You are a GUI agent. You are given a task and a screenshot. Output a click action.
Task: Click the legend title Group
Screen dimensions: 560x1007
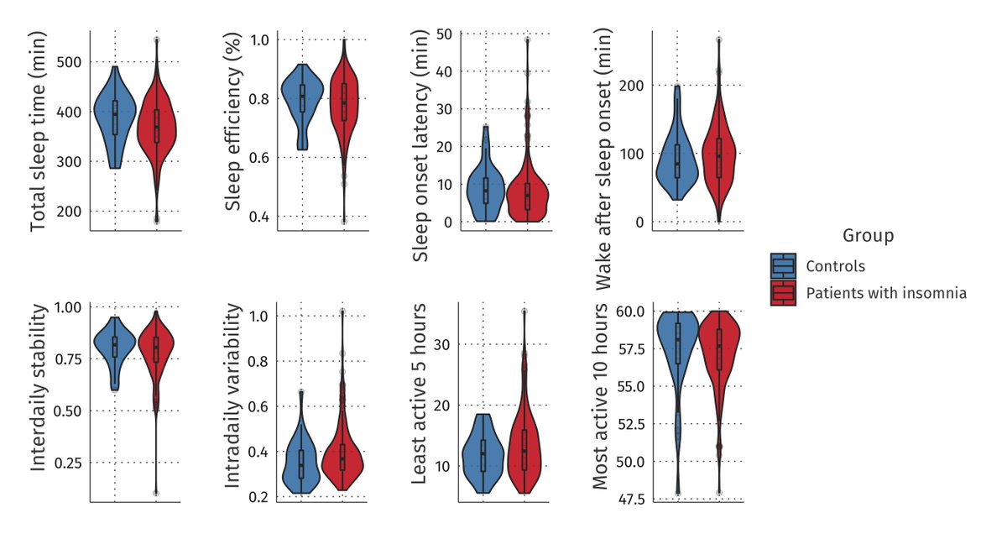tap(868, 236)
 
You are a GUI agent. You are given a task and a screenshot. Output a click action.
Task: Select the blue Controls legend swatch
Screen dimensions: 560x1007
tap(783, 266)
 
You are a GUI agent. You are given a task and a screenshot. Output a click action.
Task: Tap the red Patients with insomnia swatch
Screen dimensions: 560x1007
tap(783, 293)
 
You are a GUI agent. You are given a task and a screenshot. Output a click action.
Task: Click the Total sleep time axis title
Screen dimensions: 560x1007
tap(39, 132)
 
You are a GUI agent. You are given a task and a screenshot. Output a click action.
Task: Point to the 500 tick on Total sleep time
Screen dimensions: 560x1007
tap(69, 62)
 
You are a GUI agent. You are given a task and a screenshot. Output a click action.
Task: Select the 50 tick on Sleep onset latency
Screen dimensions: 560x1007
tap(444, 34)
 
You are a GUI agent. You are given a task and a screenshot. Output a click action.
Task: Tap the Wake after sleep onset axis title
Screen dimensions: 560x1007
tap(601, 160)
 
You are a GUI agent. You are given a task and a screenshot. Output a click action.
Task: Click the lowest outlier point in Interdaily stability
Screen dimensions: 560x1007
tap(156, 492)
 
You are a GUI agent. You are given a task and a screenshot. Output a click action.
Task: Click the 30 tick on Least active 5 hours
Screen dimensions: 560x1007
tap(443, 344)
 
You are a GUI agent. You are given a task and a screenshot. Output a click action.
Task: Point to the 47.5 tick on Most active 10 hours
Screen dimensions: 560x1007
tap(629, 500)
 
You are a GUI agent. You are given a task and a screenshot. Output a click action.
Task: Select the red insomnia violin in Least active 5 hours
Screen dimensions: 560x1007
tap(524, 445)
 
